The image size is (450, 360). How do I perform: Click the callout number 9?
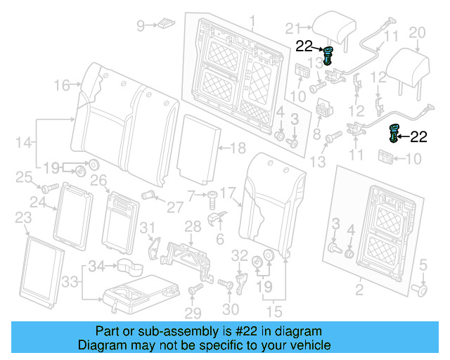[141, 26]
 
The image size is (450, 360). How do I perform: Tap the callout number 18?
[238, 148]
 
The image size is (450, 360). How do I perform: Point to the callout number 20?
[417, 32]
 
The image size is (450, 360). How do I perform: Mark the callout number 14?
[24, 143]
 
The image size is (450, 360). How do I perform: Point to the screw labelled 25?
[50, 188]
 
